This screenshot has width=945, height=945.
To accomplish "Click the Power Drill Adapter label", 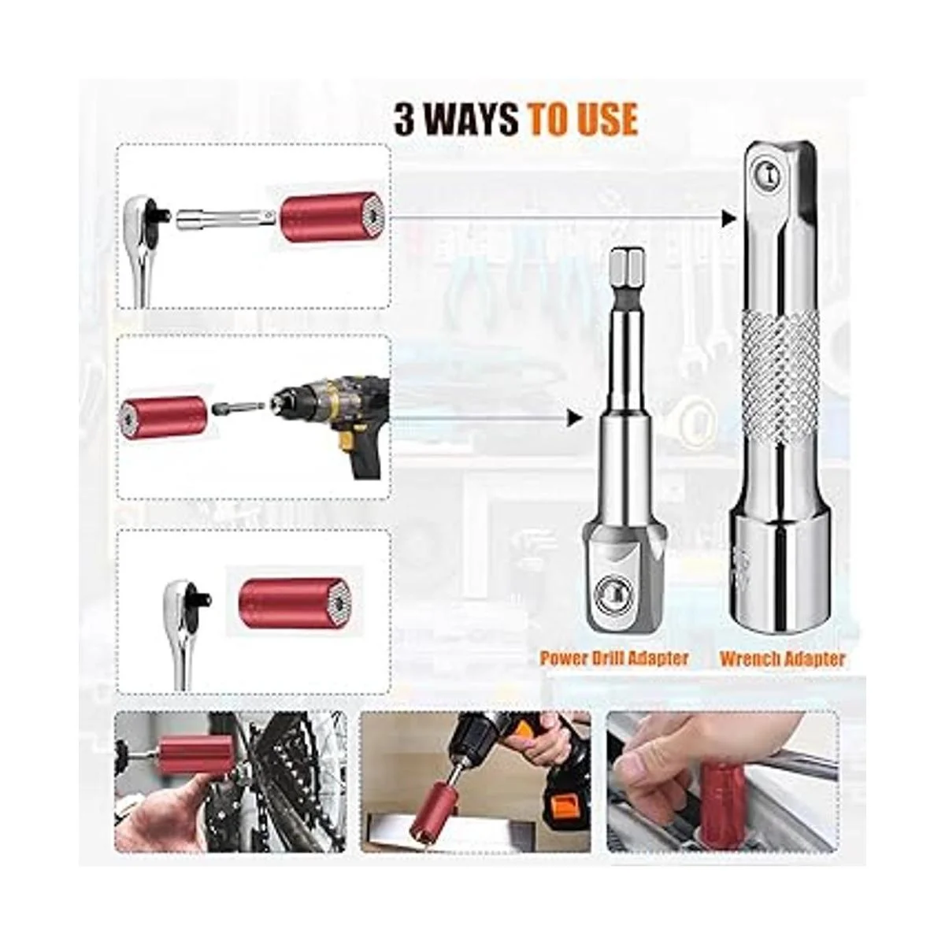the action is pos(614,658).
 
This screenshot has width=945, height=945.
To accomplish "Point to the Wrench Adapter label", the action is pos(782,658).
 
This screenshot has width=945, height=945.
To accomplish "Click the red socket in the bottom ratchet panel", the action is pos(284,601).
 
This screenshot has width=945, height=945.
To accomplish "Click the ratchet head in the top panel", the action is pos(147,217).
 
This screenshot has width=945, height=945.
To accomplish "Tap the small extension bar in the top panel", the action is pos(227,217).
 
